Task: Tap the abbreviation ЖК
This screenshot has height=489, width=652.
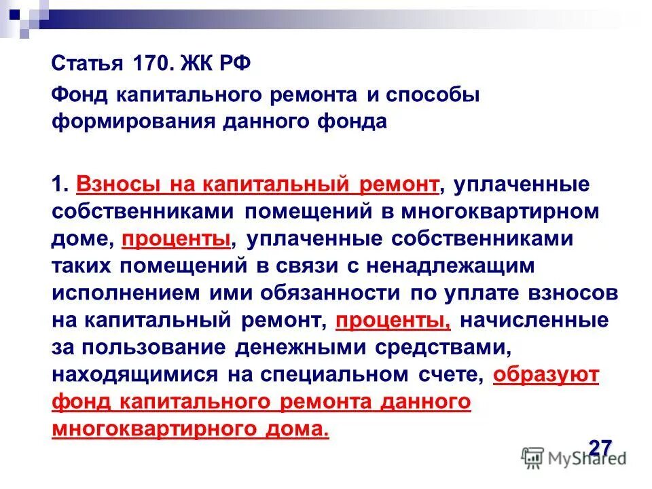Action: pyautogui.click(x=192, y=65)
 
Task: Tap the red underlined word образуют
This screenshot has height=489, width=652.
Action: pyautogui.click(x=546, y=374)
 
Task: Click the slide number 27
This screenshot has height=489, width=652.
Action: pyautogui.click(x=600, y=449)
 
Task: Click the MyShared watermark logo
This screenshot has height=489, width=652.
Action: pyautogui.click(x=574, y=456)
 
